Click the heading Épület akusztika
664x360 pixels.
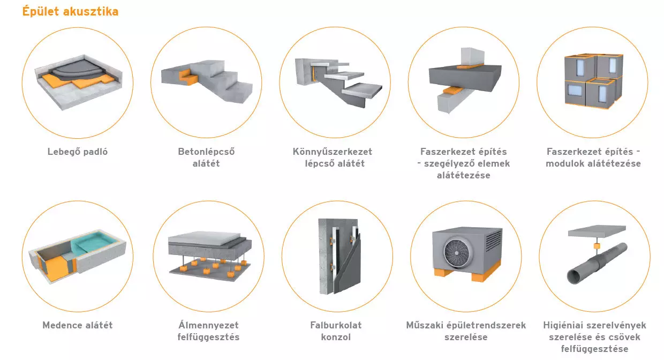pyautogui.click(x=70, y=12)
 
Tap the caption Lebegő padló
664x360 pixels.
pyautogui.click(x=78, y=152)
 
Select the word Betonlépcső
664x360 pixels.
pyautogui.click(x=206, y=152)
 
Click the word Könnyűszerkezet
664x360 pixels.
pyautogui.click(x=333, y=152)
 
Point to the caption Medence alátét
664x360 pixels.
pyautogui.click(x=78, y=325)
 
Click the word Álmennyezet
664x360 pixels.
pyautogui.click(x=208, y=325)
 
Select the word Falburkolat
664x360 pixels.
pyautogui.click(x=336, y=325)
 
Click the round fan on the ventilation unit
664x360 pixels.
pyautogui.click(x=456, y=252)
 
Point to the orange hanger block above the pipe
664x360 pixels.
pyautogui.click(x=597, y=246)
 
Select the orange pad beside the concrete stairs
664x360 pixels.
pyautogui.click(x=187, y=77)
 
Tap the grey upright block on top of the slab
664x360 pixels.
pyautogui.click(x=472, y=56)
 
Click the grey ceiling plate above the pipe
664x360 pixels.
pyautogui.click(x=597, y=231)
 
